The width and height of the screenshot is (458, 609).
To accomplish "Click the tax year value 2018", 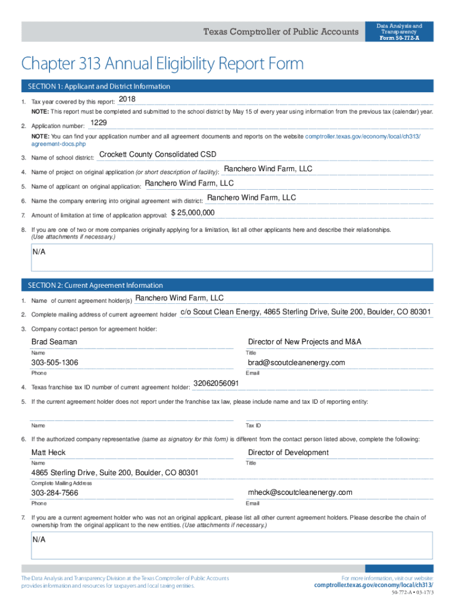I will (x=127, y=99).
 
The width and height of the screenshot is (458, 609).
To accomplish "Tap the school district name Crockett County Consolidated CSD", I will (x=158, y=155).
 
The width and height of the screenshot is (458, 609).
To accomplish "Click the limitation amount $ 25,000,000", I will (x=193, y=213).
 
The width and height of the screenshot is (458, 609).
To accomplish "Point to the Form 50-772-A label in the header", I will (x=399, y=37).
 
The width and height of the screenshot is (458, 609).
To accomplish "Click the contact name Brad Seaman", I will (x=54, y=342).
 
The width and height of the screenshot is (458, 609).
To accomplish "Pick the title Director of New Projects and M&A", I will (x=305, y=342).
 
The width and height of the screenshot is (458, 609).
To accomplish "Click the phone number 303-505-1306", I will (x=55, y=363).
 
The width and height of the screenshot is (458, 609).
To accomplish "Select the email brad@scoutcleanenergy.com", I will (x=296, y=363).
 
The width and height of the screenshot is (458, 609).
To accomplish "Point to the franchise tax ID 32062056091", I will (x=216, y=384).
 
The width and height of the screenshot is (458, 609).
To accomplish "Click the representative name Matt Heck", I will (x=48, y=453).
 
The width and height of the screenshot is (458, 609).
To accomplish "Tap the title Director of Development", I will (x=288, y=453).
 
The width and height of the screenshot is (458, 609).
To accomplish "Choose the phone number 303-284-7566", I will (x=55, y=494).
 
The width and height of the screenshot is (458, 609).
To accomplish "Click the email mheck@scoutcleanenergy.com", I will (x=300, y=492).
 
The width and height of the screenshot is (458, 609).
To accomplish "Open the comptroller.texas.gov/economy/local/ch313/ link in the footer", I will (x=374, y=585).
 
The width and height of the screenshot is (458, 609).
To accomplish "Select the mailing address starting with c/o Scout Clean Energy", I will (x=305, y=312).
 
